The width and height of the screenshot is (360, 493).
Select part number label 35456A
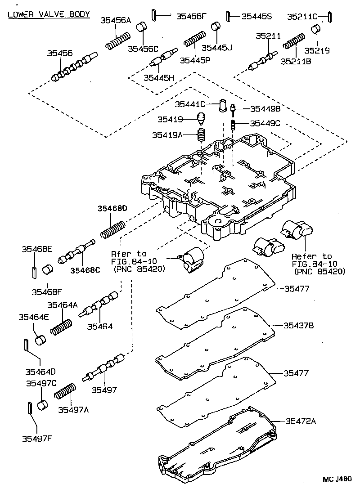pos(115,20)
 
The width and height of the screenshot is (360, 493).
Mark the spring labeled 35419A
pos(202,134)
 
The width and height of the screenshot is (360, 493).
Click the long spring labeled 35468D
pos(112,228)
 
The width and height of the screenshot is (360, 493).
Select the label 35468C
pos(85,270)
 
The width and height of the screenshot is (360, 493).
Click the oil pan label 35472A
pos(301,421)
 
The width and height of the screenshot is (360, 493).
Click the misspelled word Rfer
pos(119,253)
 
